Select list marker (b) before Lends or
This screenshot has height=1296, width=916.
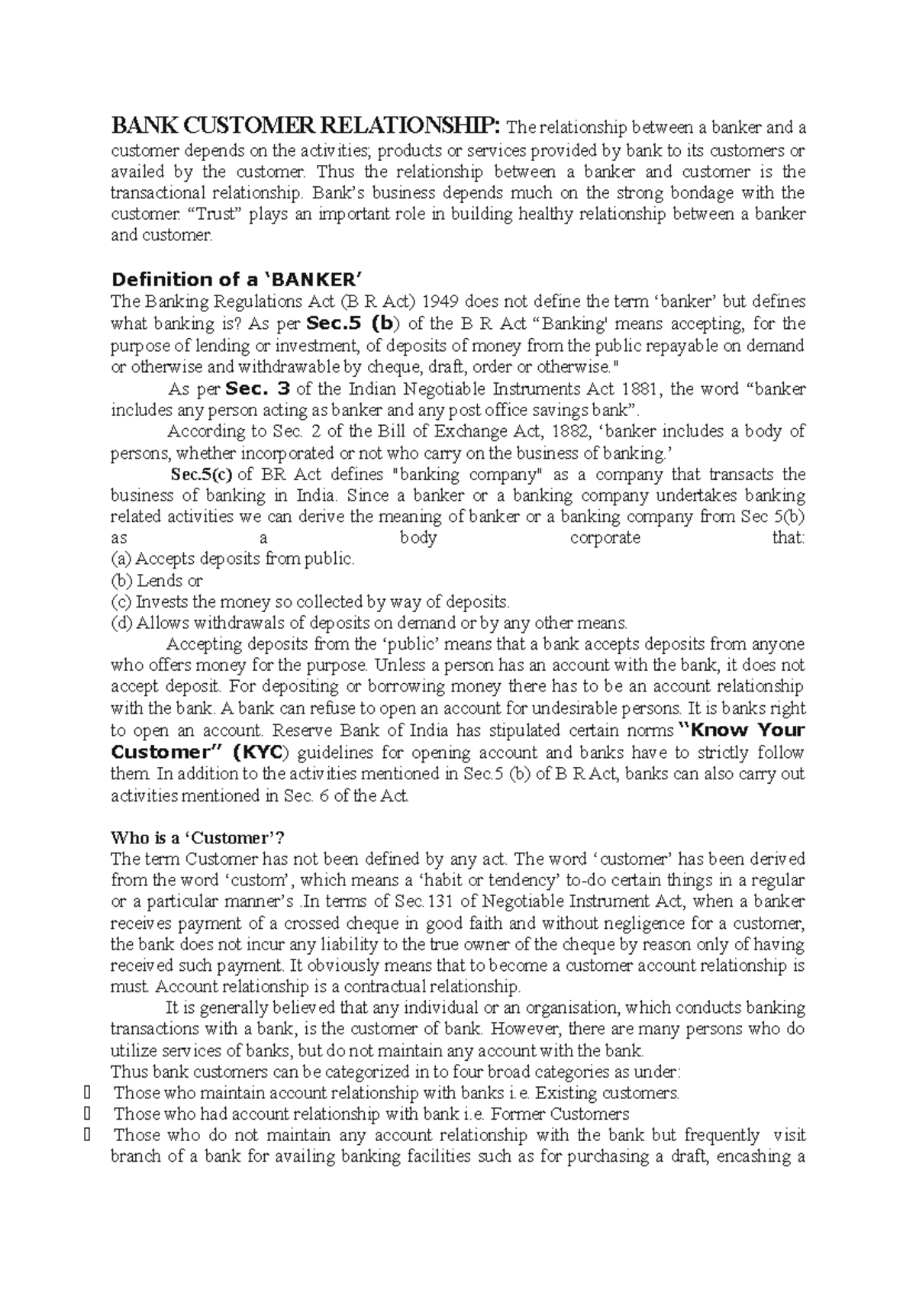tap(121, 581)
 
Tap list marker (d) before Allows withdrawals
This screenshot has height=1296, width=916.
tap(121, 623)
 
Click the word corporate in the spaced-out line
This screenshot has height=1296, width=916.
tap(605, 538)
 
